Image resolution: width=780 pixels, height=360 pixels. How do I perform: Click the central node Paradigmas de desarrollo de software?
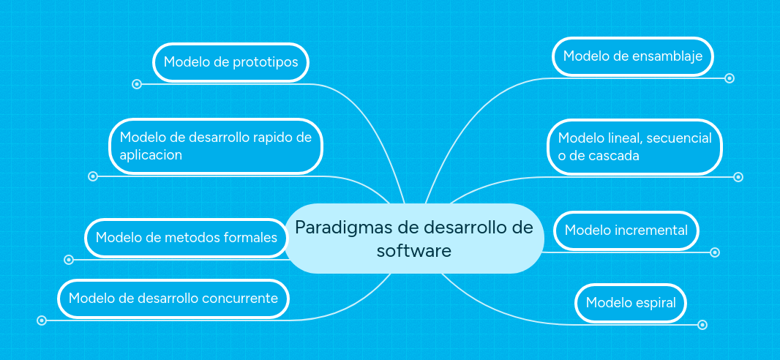click(x=413, y=239)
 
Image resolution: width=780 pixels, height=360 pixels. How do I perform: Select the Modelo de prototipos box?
click(x=230, y=62)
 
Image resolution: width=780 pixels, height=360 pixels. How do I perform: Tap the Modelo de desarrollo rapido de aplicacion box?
click(x=216, y=146)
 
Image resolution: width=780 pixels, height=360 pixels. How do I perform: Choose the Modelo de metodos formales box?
click(x=187, y=238)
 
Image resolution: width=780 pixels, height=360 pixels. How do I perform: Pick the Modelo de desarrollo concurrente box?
click(x=173, y=299)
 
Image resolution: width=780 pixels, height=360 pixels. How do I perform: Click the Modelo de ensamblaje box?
click(x=633, y=56)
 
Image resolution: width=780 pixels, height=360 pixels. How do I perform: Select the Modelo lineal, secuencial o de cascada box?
click(x=634, y=147)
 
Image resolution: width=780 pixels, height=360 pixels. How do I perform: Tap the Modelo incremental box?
click(x=626, y=230)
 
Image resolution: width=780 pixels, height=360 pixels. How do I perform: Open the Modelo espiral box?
click(x=631, y=303)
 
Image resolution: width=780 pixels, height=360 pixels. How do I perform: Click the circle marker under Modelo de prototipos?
click(x=136, y=84)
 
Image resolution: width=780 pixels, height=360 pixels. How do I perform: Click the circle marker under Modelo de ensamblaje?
click(x=730, y=78)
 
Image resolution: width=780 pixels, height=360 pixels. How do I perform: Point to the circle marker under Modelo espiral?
click(x=702, y=325)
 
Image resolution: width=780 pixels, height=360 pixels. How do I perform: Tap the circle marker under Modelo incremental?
click(x=715, y=252)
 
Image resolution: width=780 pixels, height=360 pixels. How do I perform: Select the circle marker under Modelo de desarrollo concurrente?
click(x=42, y=320)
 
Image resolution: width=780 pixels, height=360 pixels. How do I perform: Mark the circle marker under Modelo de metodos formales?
click(x=69, y=260)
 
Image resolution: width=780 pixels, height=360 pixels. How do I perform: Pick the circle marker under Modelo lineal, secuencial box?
click(x=738, y=176)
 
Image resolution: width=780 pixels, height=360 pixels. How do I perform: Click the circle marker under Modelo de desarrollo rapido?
click(x=93, y=176)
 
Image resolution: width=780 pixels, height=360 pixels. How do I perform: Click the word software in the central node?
click(x=413, y=251)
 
